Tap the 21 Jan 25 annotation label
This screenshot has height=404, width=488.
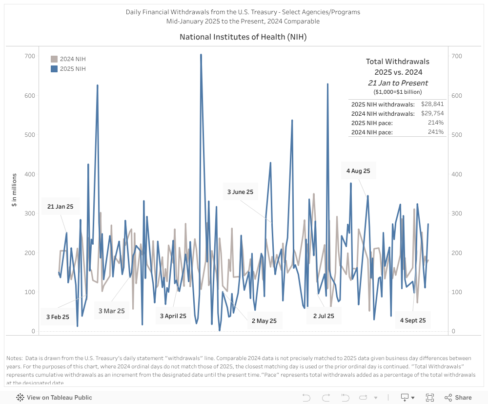tap(60, 207)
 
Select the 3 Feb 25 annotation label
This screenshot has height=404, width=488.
tap(58, 317)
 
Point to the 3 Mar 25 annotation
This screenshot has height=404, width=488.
tap(112, 311)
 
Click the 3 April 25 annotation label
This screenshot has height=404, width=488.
tap(173, 316)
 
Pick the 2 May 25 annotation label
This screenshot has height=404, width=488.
tap(264, 321)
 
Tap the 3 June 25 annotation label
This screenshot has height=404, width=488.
tap(240, 192)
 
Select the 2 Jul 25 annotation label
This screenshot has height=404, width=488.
tap(324, 316)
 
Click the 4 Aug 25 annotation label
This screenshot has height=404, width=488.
tap(358, 171)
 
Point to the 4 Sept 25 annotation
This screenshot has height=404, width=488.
tap(413, 320)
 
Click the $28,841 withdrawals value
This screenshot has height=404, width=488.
tap(432, 104)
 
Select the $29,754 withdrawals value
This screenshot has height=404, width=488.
tap(432, 113)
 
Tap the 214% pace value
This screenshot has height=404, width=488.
tap(436, 123)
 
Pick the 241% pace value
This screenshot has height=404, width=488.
tap(436, 132)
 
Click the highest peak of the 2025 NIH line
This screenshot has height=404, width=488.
tap(201, 55)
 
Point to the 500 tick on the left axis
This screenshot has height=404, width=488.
tap(30, 135)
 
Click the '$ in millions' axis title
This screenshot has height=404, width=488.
tap(15, 190)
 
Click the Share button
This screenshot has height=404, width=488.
tap(458, 398)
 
